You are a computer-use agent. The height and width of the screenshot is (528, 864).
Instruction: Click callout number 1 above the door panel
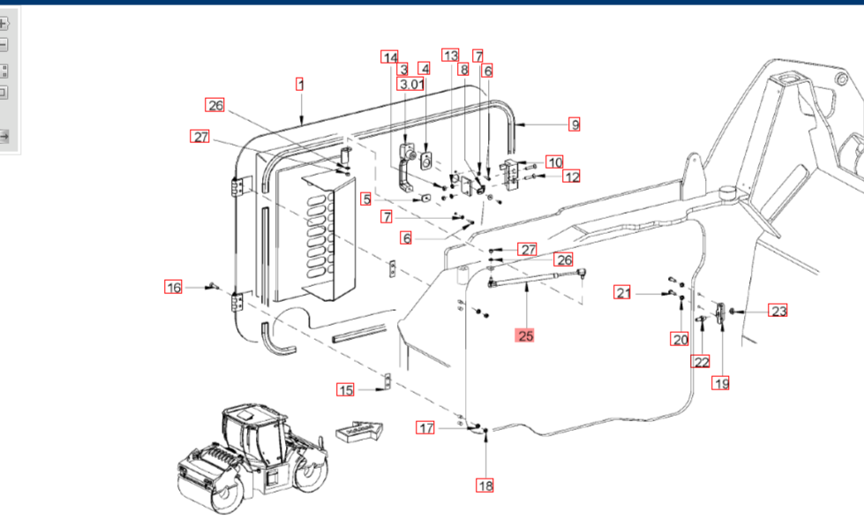tap(300, 85)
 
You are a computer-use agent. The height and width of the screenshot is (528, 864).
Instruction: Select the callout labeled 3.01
tap(411, 85)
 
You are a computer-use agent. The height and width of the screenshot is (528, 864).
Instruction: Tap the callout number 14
tap(390, 57)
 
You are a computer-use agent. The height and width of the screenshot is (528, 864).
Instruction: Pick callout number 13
tap(451, 55)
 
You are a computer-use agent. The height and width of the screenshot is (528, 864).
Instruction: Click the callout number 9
tap(575, 124)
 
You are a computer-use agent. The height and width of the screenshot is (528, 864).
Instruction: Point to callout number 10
tap(553, 162)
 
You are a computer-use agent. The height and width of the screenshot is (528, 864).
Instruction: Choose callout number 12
tap(572, 177)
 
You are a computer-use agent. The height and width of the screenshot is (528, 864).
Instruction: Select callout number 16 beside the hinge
tap(174, 287)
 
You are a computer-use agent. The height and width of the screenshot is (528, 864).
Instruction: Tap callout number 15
tap(345, 389)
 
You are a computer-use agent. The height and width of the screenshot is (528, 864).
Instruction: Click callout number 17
tap(426, 428)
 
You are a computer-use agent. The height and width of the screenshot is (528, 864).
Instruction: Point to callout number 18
tap(485, 485)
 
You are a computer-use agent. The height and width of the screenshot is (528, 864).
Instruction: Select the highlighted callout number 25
tap(526, 336)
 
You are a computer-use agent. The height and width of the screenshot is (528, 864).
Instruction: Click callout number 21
tap(624, 292)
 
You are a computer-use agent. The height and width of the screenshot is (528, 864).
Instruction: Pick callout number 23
tap(778, 311)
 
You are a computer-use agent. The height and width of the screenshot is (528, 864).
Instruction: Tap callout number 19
tap(722, 383)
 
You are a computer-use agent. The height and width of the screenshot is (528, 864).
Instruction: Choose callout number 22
tap(701, 361)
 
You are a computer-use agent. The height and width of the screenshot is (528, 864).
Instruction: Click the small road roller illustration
tap(254, 459)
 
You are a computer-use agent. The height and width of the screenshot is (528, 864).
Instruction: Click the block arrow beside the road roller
tap(359, 432)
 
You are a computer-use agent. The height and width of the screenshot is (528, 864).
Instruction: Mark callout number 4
tap(424, 69)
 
